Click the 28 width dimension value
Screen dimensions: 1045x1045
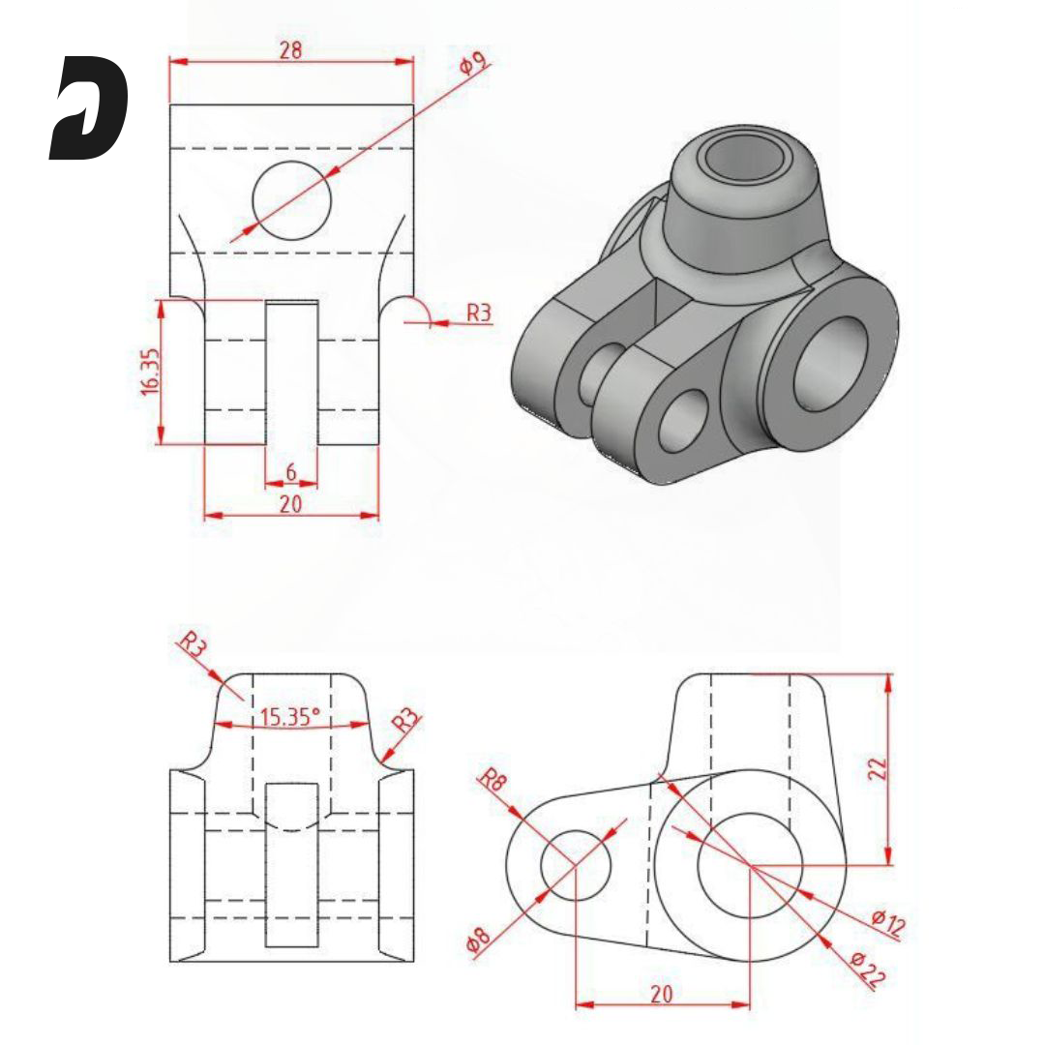(x=289, y=50)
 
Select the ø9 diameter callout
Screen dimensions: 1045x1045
(x=471, y=65)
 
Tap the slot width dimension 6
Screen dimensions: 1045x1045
(x=290, y=473)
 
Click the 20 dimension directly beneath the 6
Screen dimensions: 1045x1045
(x=290, y=503)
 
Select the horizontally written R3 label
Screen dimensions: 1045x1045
(x=479, y=313)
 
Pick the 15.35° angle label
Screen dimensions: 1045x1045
(x=290, y=717)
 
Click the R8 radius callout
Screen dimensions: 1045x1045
(x=494, y=780)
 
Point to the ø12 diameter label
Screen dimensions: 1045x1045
(x=887, y=923)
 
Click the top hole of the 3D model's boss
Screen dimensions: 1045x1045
(x=736, y=159)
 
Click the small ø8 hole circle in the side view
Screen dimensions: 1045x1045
(x=576, y=864)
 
